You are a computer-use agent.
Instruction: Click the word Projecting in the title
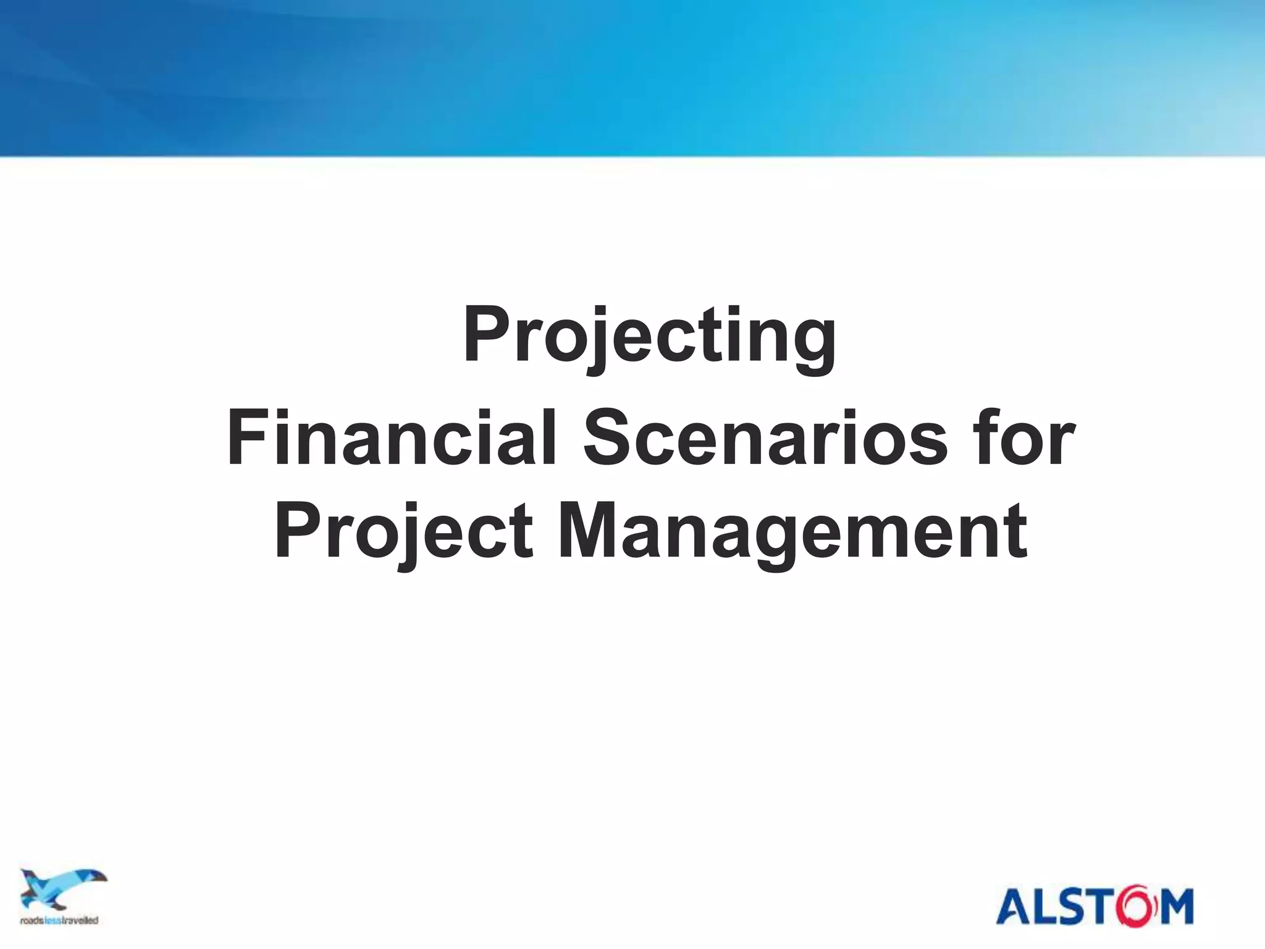tap(650, 337)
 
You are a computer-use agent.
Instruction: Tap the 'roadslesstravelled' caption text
tap(59, 920)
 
